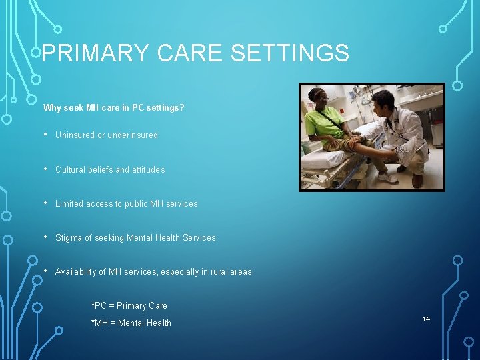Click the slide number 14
[x=426, y=319]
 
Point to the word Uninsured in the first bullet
[x=75, y=135]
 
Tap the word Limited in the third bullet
[x=70, y=204]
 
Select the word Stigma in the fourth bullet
[x=69, y=238]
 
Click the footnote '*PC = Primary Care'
[x=129, y=306]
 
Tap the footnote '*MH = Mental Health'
[x=131, y=323]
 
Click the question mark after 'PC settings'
[x=183, y=107]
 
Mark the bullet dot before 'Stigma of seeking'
[x=45, y=237]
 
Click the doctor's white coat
[x=406, y=133]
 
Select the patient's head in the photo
[x=317, y=97]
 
